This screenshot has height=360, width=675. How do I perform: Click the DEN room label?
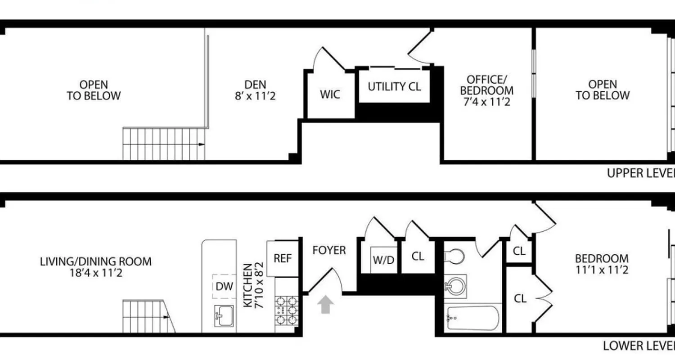pyautogui.click(x=255, y=85)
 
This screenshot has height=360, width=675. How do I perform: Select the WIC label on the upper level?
pyautogui.click(x=330, y=95)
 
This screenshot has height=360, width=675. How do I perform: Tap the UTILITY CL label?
pyautogui.click(x=394, y=86)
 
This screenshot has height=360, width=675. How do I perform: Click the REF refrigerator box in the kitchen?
pyautogui.click(x=283, y=259)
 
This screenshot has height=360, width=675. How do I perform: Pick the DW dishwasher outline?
pyautogui.click(x=224, y=286)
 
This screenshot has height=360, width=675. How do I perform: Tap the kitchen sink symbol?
pyautogui.click(x=224, y=315)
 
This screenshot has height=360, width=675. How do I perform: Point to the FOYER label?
pyautogui.click(x=329, y=250)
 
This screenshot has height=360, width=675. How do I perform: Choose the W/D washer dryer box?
pyautogui.click(x=383, y=260)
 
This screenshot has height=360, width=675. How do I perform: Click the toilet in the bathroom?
pyautogui.click(x=454, y=257)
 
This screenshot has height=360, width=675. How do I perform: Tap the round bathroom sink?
pyautogui.click(x=455, y=284)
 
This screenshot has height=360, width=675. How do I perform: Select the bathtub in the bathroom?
pyautogui.click(x=472, y=318)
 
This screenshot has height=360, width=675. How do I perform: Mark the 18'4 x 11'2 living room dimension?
pyautogui.click(x=95, y=273)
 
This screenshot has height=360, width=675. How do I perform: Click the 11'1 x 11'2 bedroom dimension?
pyautogui.click(x=602, y=270)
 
